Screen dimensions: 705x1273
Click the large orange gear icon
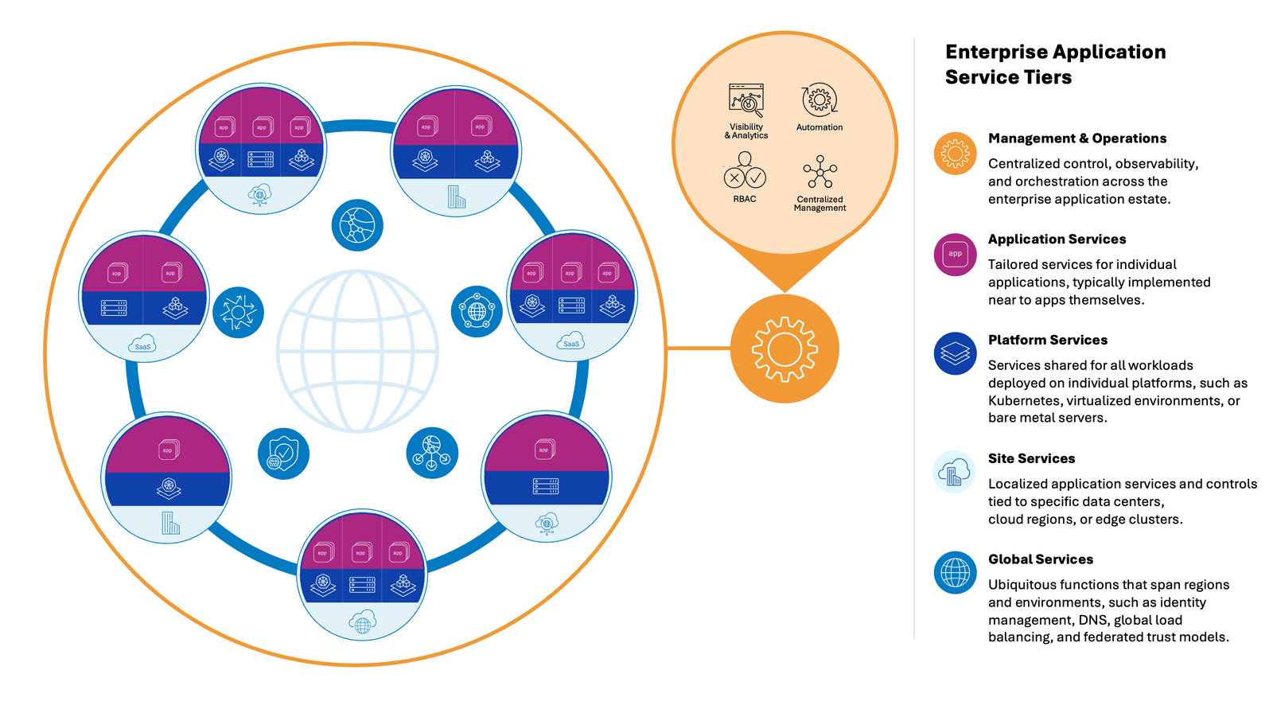point(784,349)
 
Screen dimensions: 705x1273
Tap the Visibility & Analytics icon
point(746,100)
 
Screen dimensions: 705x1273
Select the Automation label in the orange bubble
point(819,127)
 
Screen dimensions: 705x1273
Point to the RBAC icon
point(745,171)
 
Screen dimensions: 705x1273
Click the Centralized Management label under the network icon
point(819,204)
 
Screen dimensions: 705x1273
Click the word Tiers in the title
point(1049,77)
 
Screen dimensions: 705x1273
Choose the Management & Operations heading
point(1077,138)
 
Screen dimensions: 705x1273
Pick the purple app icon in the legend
point(955,255)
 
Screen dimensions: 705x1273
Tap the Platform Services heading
point(1048,340)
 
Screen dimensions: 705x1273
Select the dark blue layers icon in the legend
point(955,353)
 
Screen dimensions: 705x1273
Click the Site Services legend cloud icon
point(954,473)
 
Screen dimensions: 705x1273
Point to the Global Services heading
point(1041,559)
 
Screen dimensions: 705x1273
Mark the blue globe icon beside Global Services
point(955,573)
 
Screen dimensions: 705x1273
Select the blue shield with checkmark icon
point(283,454)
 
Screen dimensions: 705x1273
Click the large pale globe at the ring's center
point(357,351)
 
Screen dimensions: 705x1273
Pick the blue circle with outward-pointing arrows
point(238,312)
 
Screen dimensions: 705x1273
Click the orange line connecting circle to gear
point(699,349)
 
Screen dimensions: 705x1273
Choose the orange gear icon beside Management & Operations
point(955,154)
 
